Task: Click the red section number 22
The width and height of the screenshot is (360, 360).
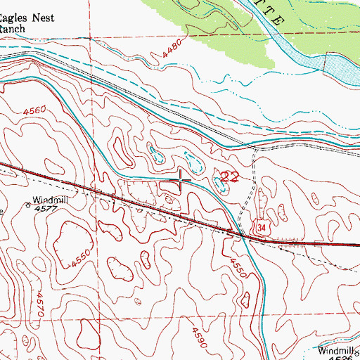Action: pyautogui.click(x=230, y=176)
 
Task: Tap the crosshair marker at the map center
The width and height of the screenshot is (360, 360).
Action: pyautogui.click(x=181, y=181)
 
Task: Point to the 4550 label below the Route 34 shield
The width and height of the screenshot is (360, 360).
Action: pyautogui.click(x=237, y=267)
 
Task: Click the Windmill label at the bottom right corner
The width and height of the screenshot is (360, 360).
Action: pyautogui.click(x=335, y=349)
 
